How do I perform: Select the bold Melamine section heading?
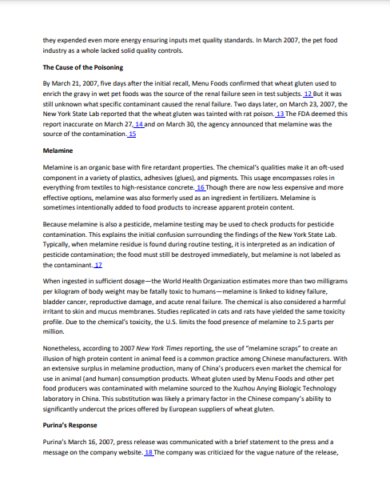(x=58, y=150)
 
